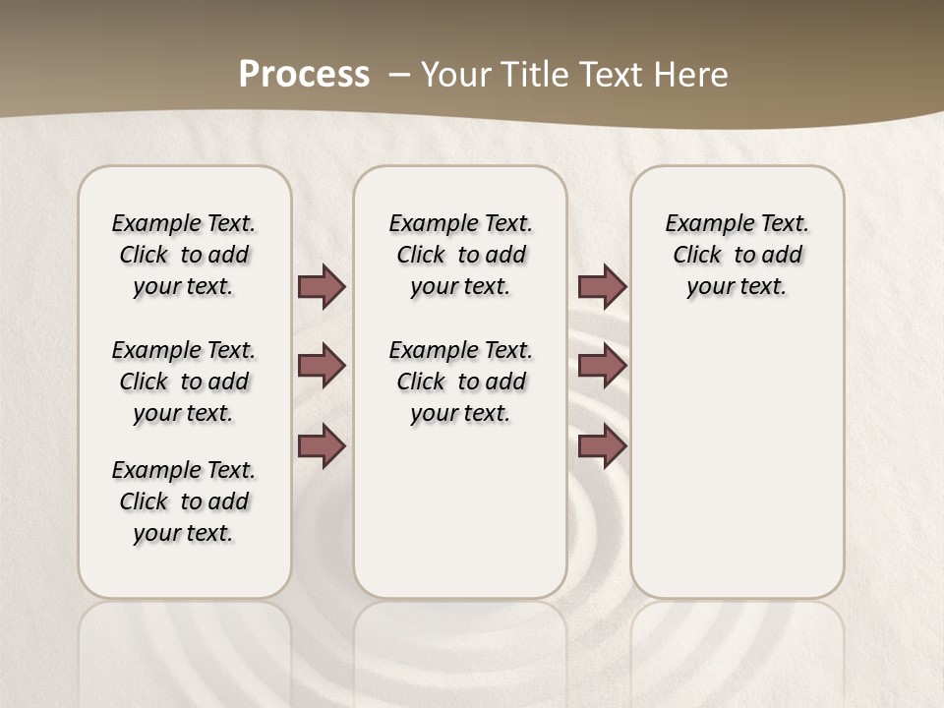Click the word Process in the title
point(304,74)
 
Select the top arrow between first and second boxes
point(322,286)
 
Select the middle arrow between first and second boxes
point(322,366)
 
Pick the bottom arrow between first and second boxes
point(322,445)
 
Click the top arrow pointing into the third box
point(602,286)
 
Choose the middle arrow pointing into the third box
point(602,366)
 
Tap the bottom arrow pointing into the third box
point(602,445)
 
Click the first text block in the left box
point(184,255)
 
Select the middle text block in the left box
point(184,382)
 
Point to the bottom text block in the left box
point(184,501)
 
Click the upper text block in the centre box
point(460,255)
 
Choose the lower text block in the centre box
point(460,382)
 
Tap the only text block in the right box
point(737,255)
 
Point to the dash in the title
point(399,75)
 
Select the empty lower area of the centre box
point(460,511)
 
